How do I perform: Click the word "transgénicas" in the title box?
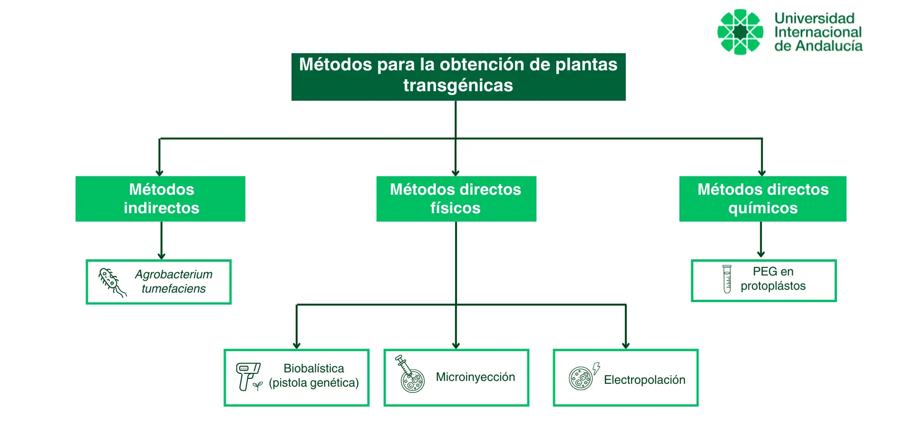point(458,85)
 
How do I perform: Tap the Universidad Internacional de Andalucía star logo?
point(740,32)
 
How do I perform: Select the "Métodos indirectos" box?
point(161,199)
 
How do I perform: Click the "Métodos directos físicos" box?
point(456,199)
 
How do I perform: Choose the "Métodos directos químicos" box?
point(762,199)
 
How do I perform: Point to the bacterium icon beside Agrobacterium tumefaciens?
point(112,282)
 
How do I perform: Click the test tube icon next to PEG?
point(727,279)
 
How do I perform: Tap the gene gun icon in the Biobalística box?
point(248,376)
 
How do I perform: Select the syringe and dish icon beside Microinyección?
point(410,375)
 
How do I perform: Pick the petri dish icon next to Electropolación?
point(582,378)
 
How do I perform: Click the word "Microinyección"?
point(475,377)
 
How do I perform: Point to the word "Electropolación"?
point(644,380)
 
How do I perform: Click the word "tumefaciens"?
point(174,289)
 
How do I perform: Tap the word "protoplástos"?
point(773,286)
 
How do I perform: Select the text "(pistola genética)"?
point(314,383)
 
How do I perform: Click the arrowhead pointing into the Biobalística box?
point(297,345)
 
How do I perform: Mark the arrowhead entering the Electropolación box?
point(626,345)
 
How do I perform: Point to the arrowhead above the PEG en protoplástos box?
point(761,254)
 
